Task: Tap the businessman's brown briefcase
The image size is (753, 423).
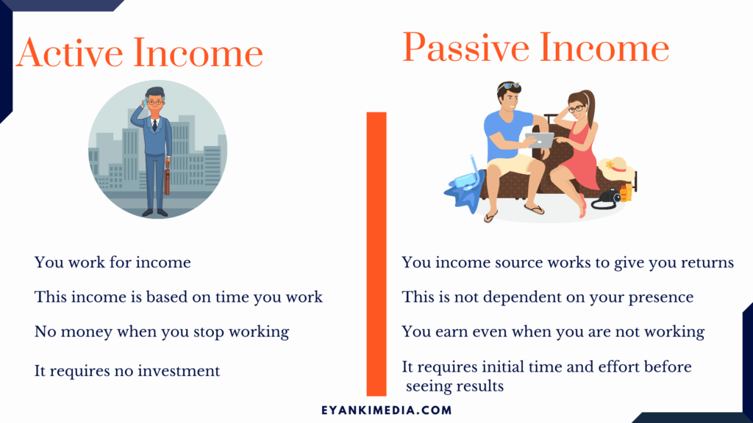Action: click(167, 178)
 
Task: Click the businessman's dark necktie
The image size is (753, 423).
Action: click(154, 126)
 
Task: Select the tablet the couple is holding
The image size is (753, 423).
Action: click(540, 140)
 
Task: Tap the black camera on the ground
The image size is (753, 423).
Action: click(607, 198)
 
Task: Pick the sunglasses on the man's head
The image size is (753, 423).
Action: click(509, 87)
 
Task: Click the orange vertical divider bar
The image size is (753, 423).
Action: click(376, 254)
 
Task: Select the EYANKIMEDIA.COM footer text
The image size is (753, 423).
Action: click(387, 410)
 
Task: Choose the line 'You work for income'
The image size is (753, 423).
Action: click(113, 262)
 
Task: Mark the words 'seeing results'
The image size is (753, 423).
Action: click(454, 386)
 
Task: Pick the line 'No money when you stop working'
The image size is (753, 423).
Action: click(162, 332)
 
